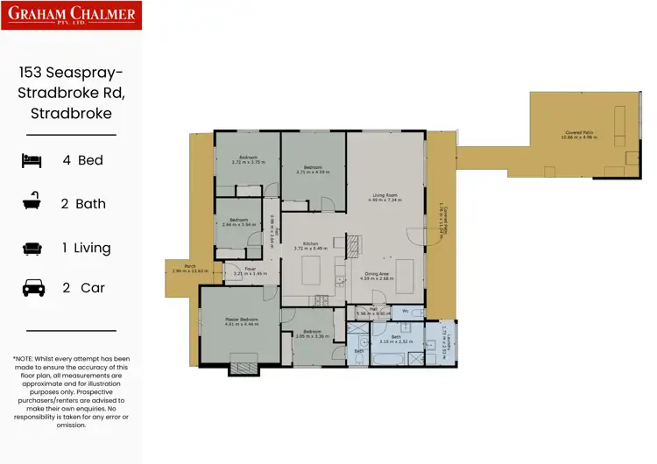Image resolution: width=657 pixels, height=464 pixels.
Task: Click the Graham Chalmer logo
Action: click(x=71, y=15)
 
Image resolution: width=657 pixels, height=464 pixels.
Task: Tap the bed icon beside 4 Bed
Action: click(x=32, y=160)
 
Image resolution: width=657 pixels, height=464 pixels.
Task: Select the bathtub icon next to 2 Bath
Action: click(x=32, y=204)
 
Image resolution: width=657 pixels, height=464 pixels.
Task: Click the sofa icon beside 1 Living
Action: click(x=32, y=248)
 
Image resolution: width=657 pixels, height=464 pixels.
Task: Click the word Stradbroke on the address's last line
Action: click(x=71, y=113)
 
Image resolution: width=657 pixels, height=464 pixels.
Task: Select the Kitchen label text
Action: click(x=311, y=243)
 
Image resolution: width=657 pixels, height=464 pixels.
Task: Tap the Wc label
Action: click(x=406, y=310)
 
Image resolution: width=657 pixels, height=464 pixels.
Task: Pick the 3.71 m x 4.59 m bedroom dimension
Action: click(x=313, y=172)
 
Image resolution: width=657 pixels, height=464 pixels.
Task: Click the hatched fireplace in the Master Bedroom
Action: click(x=244, y=367)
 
